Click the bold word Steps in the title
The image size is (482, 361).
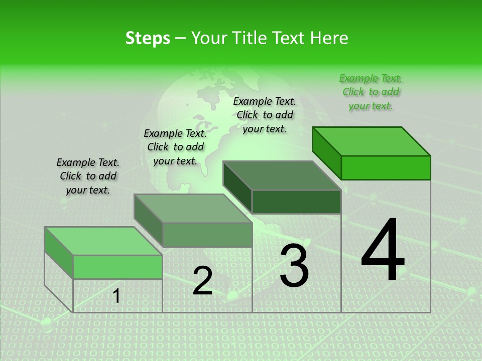(x=148, y=38)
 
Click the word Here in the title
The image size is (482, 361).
(x=330, y=38)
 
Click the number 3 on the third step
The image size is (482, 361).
(x=294, y=266)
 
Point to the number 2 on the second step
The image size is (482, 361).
(x=202, y=281)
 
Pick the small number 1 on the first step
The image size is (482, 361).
(x=116, y=296)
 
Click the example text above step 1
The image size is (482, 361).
(x=88, y=176)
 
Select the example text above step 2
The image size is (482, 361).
(x=175, y=147)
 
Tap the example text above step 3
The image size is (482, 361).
(x=265, y=115)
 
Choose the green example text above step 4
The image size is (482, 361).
(x=371, y=92)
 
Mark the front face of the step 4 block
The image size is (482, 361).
(x=386, y=167)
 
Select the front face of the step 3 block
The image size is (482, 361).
(x=296, y=202)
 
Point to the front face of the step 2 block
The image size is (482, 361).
(x=207, y=235)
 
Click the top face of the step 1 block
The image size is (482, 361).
(x=103, y=241)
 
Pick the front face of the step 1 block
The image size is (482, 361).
(x=117, y=267)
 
